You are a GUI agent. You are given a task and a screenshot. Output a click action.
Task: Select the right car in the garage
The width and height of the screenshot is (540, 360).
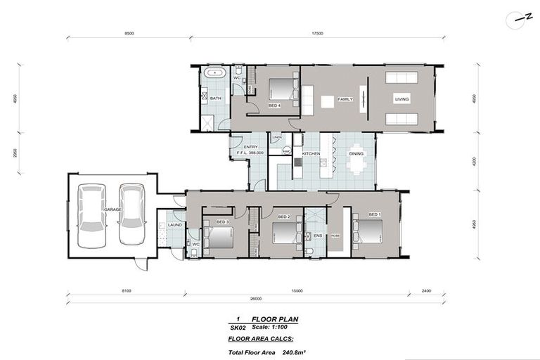pyautogui.click(x=131, y=214)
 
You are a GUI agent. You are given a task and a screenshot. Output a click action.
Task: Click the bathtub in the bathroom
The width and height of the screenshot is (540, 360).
pyautogui.click(x=214, y=73)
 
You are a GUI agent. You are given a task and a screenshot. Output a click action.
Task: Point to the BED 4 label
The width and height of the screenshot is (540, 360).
pyautogui.click(x=274, y=105)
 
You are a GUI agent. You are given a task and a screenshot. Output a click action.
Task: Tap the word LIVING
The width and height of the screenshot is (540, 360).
pyautogui.click(x=401, y=99)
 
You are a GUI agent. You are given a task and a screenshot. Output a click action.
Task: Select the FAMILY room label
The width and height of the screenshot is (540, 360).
pyautogui.click(x=345, y=99)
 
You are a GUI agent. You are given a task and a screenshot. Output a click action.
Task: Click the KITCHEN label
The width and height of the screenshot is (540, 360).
pyautogui.click(x=311, y=153)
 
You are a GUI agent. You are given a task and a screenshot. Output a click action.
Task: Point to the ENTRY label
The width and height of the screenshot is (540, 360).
pyautogui.click(x=251, y=147)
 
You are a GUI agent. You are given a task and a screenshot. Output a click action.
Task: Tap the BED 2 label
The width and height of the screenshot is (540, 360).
pyautogui.click(x=284, y=217)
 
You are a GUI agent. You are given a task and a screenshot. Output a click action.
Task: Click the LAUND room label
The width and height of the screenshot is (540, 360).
pyautogui.click(x=175, y=224)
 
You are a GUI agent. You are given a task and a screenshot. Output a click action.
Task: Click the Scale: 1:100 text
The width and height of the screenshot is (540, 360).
pyautogui.click(x=281, y=327)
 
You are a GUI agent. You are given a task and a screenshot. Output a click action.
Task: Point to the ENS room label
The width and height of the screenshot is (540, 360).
pyautogui.click(x=317, y=236)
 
